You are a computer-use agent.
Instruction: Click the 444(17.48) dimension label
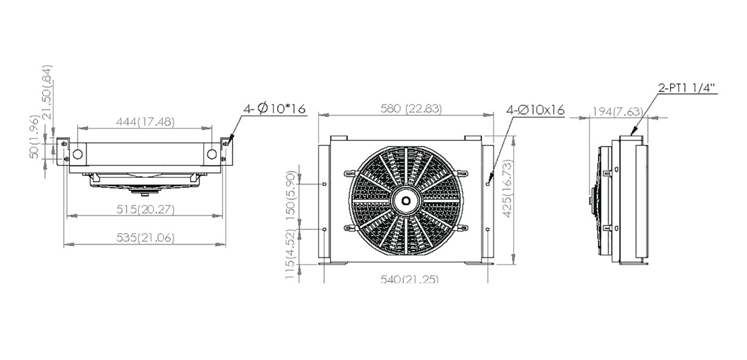tap(145, 122)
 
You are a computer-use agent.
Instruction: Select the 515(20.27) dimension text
tap(145, 209)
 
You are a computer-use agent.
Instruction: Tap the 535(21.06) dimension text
tap(145, 238)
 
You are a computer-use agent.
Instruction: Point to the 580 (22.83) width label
tap(411, 109)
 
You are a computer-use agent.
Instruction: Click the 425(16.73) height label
tap(507, 189)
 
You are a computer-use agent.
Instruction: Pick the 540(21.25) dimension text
tap(410, 278)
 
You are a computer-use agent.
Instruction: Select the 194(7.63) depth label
tap(618, 111)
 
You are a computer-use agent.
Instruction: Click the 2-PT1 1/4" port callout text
tap(687, 88)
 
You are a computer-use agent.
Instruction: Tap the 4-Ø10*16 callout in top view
tap(274, 108)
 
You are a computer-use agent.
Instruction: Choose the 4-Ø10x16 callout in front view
tap(535, 110)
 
